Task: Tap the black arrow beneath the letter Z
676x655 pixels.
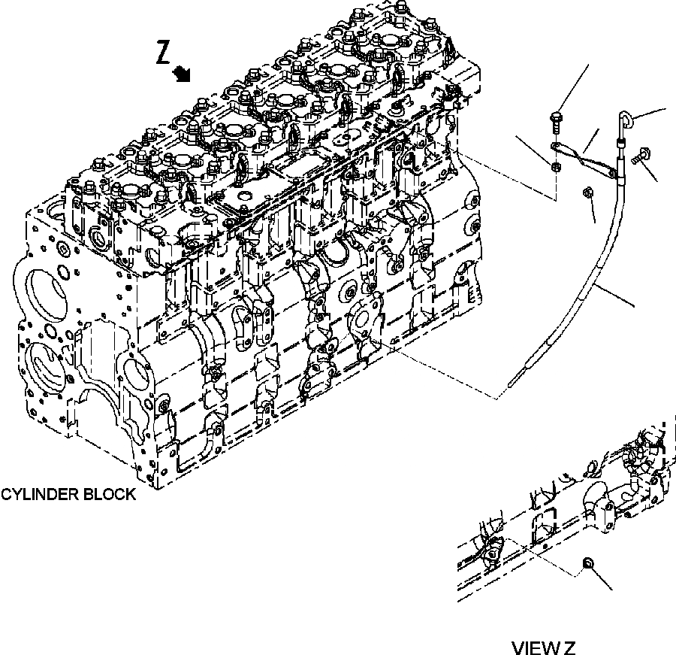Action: coord(181,74)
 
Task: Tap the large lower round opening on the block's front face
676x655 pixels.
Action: coord(45,372)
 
